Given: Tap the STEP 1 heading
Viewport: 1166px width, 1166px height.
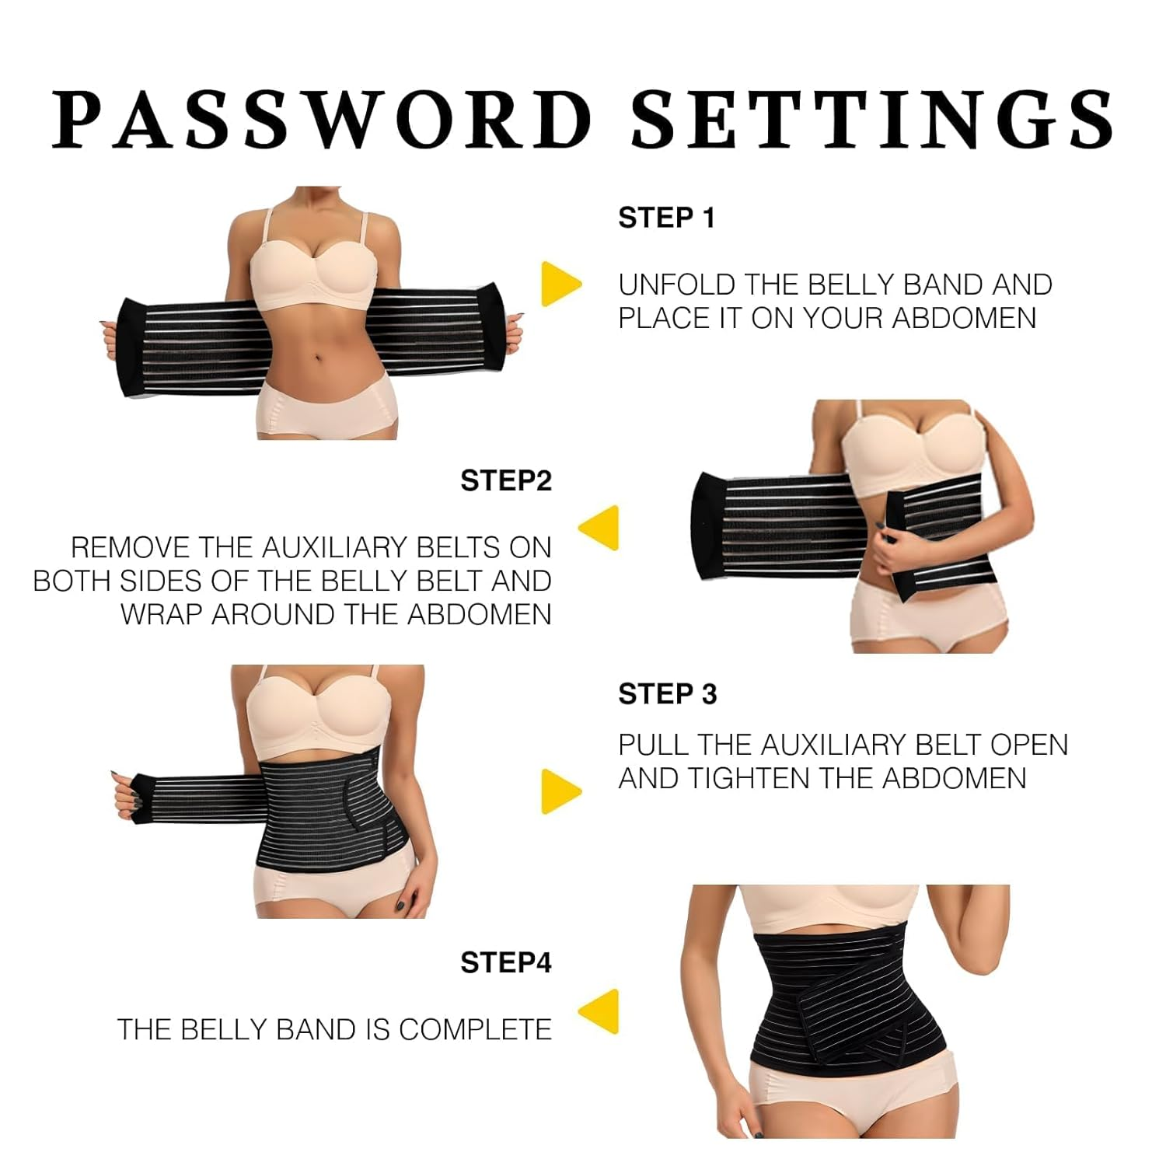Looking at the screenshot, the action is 666,218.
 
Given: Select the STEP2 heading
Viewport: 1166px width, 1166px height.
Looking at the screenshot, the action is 506,481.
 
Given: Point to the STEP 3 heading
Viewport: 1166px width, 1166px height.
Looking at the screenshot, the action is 667,694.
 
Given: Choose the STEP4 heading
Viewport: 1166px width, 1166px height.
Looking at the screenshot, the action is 506,963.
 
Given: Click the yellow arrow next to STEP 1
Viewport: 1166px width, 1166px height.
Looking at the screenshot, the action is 560,284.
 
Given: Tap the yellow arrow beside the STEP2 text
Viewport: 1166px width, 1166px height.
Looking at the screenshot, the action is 599,529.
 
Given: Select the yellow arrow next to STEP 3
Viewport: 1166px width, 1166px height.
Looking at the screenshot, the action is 560,791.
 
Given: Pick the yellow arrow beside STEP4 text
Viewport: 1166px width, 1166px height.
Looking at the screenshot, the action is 599,1011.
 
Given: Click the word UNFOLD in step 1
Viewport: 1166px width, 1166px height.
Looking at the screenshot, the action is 676,285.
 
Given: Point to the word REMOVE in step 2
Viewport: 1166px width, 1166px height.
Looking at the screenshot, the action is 131,548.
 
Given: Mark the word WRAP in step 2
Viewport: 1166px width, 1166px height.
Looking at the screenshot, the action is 162,615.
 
